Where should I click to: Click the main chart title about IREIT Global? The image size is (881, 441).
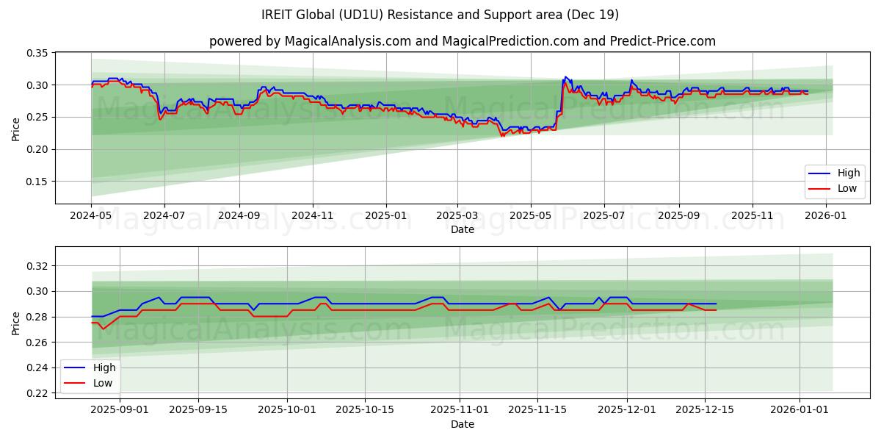pos(440,15)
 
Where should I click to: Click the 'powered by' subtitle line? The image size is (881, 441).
pos(462,41)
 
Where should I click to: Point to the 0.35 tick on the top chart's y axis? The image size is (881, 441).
pos(37,54)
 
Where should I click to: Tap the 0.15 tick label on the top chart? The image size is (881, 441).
pos(37,182)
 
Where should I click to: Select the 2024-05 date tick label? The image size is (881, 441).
pos(91,216)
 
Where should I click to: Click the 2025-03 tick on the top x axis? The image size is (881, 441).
pos(457,216)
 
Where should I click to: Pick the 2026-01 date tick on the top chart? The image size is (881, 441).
pos(826,216)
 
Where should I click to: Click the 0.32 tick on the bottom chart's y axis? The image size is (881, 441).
pos(37,266)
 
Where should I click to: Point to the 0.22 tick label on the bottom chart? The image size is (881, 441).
pos(37,393)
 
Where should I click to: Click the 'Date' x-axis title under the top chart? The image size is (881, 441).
pos(462,229)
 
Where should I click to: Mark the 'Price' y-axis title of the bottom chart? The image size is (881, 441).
pos(15,323)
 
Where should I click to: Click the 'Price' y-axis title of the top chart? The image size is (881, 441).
pos(15,129)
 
